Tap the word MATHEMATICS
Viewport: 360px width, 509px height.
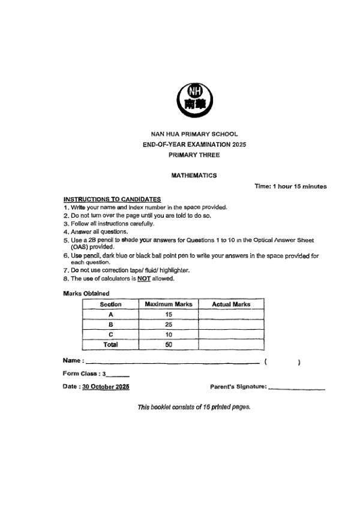194,176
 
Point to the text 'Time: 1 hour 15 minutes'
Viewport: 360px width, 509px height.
290,186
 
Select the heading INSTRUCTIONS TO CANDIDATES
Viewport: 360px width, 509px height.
112,199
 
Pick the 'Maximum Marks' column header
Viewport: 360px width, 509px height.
168,305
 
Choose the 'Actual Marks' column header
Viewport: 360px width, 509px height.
231,305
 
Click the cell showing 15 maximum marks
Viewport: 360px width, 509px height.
168,315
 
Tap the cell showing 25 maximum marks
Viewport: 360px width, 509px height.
168,325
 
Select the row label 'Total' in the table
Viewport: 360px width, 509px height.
110,345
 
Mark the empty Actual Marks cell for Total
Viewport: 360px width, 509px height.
231,345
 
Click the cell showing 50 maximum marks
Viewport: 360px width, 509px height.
168,345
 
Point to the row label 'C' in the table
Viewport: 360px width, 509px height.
110,335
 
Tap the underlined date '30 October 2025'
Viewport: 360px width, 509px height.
106,387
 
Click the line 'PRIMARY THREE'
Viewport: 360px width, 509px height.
194,155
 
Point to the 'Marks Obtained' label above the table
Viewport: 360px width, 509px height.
86,293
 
